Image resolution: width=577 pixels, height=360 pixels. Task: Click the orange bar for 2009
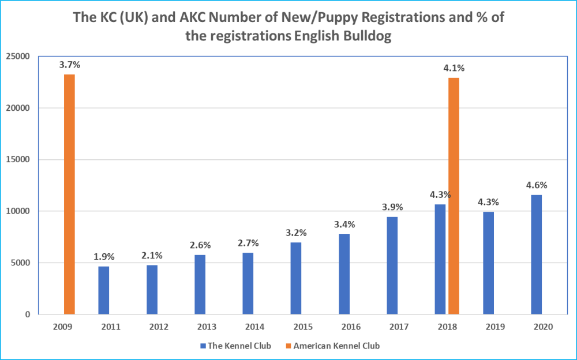(69, 194)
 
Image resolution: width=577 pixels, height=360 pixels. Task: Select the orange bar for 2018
(454, 196)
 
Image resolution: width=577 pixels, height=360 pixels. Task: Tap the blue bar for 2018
(440, 259)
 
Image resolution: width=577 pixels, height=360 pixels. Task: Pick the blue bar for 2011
(103, 290)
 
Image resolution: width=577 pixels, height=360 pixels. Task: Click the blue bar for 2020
(536, 254)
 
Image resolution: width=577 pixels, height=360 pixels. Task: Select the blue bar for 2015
(295, 278)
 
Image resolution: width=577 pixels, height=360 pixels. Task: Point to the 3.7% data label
(69, 65)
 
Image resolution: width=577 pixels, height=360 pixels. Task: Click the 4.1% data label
(454, 68)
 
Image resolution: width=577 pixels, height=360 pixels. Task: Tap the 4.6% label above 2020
(536, 185)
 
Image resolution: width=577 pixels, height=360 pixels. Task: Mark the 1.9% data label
(104, 257)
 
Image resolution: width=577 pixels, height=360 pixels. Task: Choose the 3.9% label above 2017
(392, 207)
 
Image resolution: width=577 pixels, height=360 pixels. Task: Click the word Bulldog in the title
(364, 36)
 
